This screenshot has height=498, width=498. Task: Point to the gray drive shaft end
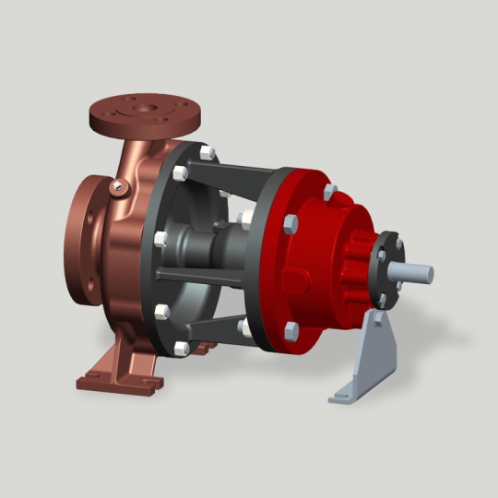click(415, 273)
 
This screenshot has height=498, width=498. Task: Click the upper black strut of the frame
click(240, 175)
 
